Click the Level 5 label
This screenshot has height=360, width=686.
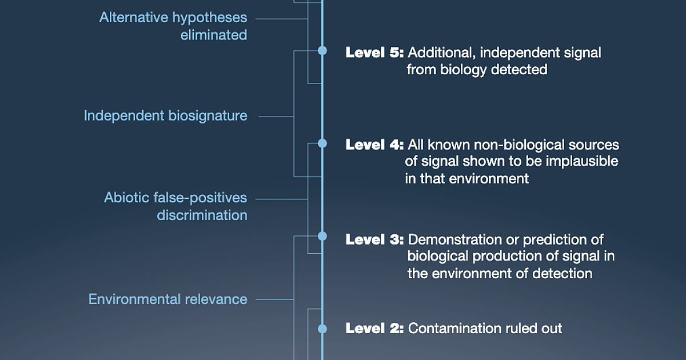click(374, 53)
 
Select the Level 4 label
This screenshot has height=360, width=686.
click(374, 144)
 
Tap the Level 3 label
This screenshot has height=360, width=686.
click(374, 239)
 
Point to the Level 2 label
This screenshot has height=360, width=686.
click(374, 328)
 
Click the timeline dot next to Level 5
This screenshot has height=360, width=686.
click(322, 51)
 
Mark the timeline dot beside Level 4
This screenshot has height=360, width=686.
click(322, 143)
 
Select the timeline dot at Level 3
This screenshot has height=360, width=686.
click(322, 236)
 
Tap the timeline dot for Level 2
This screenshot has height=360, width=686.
click(322, 329)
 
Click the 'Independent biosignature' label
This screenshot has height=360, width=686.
click(165, 115)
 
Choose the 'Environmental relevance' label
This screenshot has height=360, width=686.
click(167, 299)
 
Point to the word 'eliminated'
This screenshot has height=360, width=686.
click(214, 35)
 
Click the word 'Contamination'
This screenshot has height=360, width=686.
click(448, 328)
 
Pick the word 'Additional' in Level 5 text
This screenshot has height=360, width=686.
click(441, 53)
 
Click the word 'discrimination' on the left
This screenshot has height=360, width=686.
click(202, 215)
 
